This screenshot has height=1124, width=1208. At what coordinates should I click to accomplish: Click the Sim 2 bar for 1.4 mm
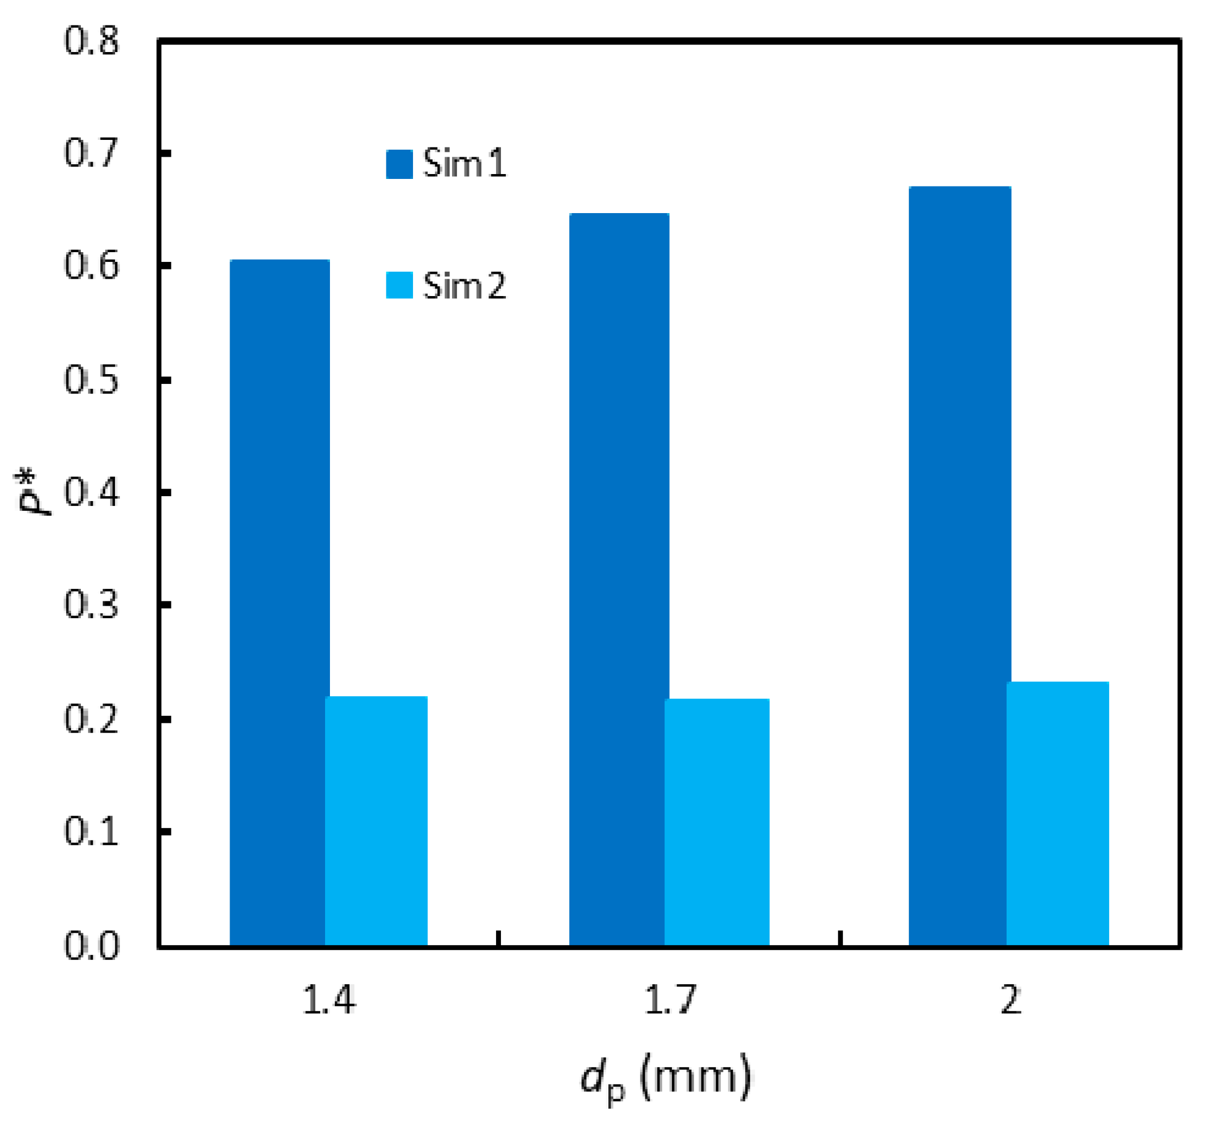[376, 820]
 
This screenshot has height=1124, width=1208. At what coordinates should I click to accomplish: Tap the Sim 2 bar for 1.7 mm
[717, 821]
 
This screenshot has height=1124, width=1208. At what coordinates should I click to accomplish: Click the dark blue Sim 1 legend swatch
[399, 164]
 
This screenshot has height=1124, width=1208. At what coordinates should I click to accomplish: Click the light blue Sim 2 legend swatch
[399, 285]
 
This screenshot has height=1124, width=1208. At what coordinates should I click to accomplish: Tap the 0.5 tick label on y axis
[92, 380]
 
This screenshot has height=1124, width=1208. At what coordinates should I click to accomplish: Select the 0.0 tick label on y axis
[92, 946]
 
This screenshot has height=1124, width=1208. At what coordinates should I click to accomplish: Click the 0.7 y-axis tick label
[92, 153]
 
